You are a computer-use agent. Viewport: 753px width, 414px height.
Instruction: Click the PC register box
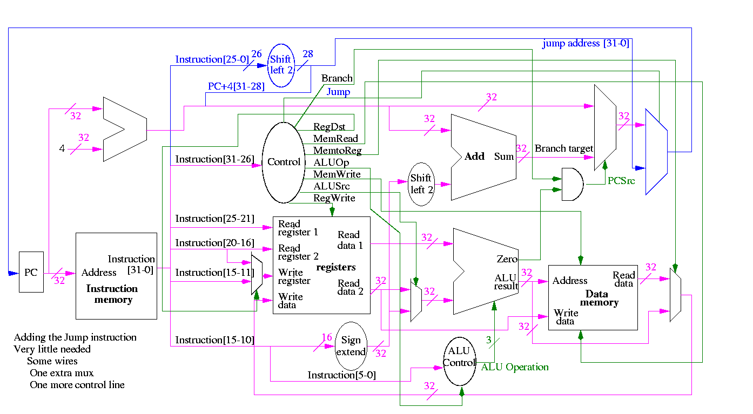[x=31, y=272]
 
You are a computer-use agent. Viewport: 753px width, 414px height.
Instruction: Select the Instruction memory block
[x=116, y=276]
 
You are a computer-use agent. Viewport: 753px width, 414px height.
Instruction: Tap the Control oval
[x=284, y=162]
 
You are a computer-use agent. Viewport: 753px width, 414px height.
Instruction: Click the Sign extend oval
[x=351, y=346]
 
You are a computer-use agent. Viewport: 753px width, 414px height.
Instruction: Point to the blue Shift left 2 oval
[x=280, y=65]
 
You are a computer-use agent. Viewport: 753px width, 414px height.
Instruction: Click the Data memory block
[x=593, y=297]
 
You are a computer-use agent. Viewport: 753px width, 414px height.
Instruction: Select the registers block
[x=321, y=265]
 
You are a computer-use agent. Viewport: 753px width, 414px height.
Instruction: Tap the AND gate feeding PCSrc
[x=572, y=184]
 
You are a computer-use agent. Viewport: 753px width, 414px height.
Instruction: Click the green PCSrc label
[x=621, y=181]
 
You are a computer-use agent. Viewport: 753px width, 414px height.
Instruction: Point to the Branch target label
[x=563, y=148]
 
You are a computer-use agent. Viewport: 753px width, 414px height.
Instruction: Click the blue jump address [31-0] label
[x=586, y=44]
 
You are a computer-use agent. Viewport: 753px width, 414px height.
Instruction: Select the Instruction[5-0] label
[x=341, y=375]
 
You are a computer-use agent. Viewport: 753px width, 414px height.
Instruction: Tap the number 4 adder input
[x=62, y=148]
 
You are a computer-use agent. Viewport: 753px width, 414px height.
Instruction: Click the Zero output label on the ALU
[x=507, y=260]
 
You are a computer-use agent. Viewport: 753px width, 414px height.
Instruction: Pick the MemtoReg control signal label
[x=338, y=151]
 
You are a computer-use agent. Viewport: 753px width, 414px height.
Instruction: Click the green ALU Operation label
[x=515, y=368]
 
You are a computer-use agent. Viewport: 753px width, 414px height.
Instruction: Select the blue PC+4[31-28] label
[x=236, y=86]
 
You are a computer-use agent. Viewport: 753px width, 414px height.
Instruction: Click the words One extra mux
[x=62, y=373]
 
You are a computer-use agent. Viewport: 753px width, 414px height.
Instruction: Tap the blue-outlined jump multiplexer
[x=656, y=152]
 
